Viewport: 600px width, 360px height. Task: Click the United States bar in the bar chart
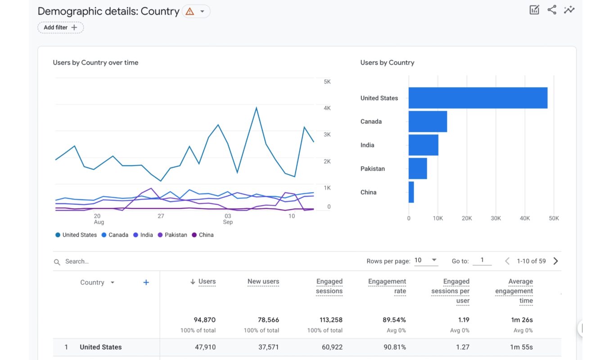[478, 98]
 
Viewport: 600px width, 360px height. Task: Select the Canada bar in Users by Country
[428, 121]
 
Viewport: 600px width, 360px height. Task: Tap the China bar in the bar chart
[411, 192]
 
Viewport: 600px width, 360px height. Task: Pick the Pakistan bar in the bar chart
[418, 168]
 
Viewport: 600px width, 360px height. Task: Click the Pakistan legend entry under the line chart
[172, 235]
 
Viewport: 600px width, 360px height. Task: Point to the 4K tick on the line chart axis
[327, 108]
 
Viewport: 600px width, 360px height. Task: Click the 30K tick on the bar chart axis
[496, 218]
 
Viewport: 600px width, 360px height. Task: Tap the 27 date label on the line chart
[161, 216]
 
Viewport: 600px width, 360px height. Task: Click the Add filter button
[60, 27]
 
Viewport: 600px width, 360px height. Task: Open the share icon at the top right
[552, 10]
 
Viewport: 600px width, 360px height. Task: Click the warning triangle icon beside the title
[190, 12]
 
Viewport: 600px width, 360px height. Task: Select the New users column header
[263, 282]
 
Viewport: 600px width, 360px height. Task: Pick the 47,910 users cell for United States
[204, 347]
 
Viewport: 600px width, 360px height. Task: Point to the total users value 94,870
[204, 320]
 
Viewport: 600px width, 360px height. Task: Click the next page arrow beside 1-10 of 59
[555, 261]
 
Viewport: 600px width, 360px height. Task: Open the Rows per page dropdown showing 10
[426, 261]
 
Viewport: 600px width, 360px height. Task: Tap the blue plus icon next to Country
[146, 283]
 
